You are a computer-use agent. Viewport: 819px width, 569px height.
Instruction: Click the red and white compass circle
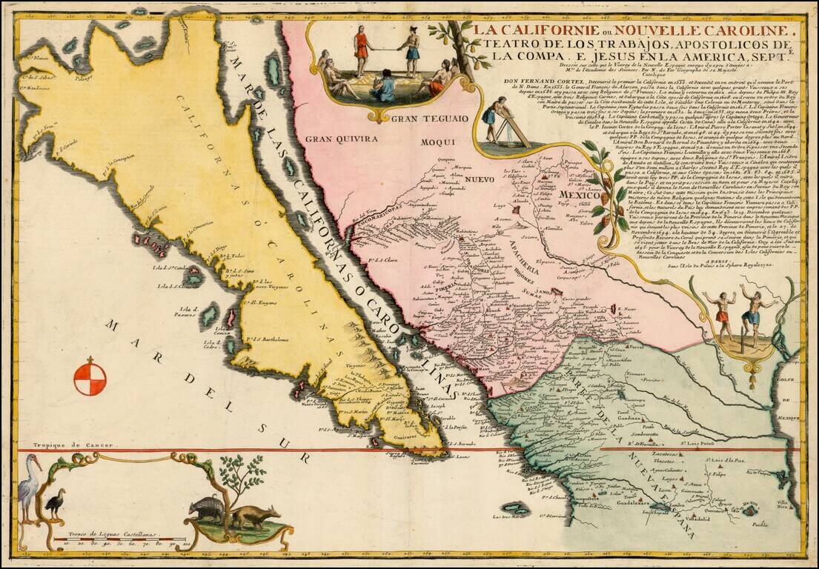(x=90, y=376)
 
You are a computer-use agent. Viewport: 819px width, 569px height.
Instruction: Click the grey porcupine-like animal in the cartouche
(x=207, y=509)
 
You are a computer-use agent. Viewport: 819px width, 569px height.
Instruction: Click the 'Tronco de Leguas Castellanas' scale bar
(x=119, y=539)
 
